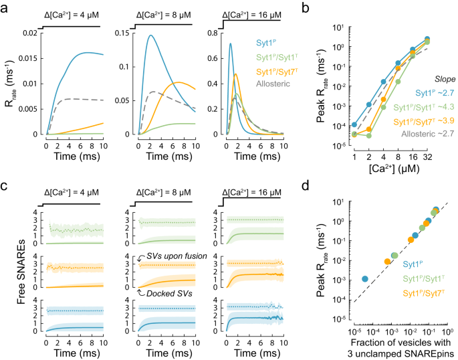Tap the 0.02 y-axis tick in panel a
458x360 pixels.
click(28, 33)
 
